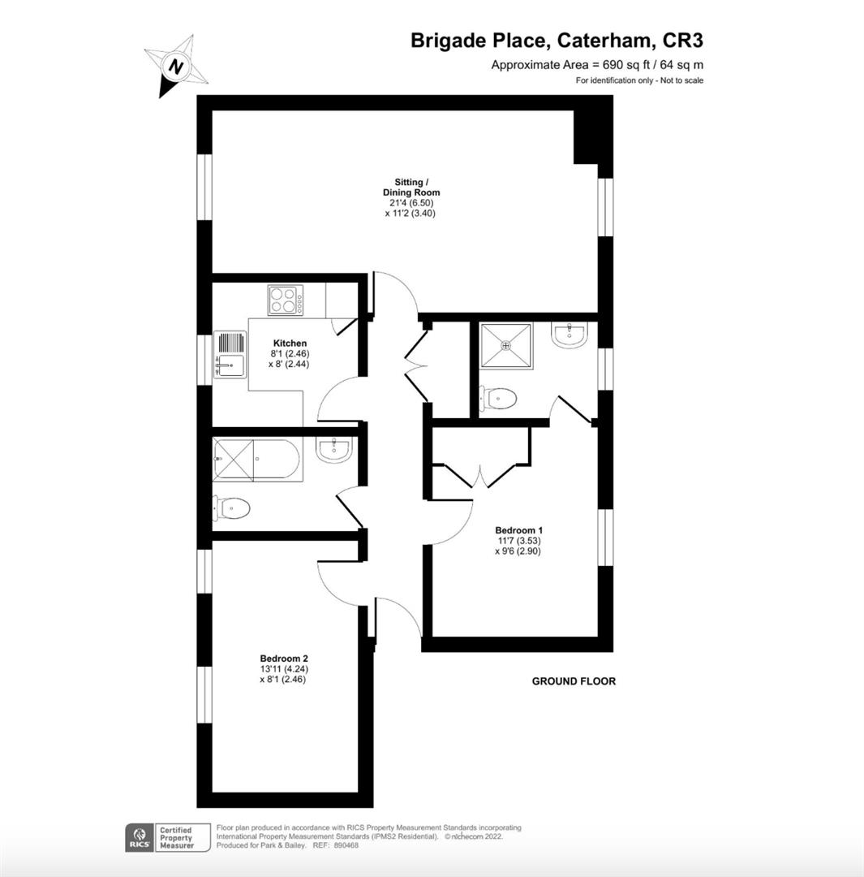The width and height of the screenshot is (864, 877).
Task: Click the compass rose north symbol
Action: [x=176, y=65]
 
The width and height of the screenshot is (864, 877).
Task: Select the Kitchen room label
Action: [x=290, y=343]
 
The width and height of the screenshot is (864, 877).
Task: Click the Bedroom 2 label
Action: [x=284, y=658]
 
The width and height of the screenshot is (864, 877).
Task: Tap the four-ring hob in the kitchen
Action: [x=286, y=300]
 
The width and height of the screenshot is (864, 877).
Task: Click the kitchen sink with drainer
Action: [x=230, y=354]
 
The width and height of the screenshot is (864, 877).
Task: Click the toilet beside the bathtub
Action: [x=231, y=508]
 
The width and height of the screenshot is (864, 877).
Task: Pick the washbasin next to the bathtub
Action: [x=333, y=451]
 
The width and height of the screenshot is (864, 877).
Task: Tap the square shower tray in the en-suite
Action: [x=507, y=345]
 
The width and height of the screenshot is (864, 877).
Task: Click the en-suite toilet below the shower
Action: [x=499, y=399]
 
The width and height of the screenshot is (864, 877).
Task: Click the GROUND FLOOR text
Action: [x=574, y=681]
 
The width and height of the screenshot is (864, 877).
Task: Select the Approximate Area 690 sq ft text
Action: [x=598, y=65]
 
